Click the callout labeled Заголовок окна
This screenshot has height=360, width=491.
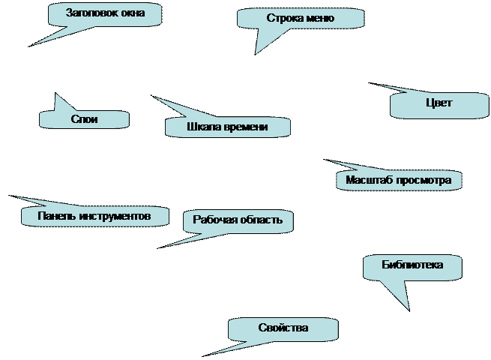[x=106, y=14]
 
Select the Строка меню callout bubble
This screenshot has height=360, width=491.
[x=300, y=19]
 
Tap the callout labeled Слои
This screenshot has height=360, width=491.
[x=84, y=119]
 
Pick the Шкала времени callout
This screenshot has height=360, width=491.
[x=227, y=127]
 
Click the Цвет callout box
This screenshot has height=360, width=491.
[x=439, y=104]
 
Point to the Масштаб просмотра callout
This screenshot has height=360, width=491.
[x=398, y=181]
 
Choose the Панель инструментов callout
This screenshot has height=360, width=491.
[x=94, y=216]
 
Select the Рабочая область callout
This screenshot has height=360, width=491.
[x=238, y=220]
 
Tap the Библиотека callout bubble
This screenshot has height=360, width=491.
[x=412, y=265]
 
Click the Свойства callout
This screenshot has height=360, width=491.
[x=283, y=328]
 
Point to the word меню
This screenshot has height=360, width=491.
[x=319, y=19]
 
